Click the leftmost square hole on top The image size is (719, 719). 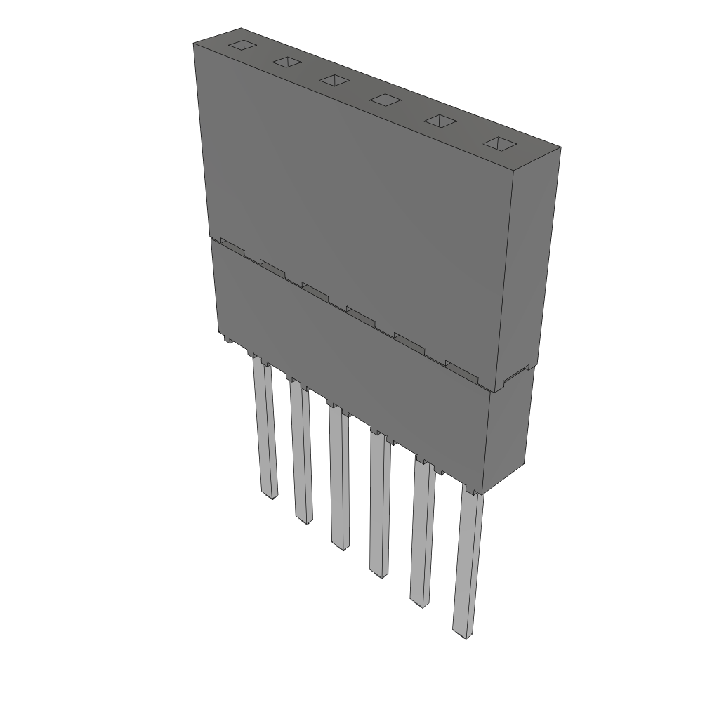241,46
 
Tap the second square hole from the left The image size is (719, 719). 286,63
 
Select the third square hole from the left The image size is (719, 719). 334,81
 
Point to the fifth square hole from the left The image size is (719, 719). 440,121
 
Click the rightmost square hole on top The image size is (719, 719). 499,144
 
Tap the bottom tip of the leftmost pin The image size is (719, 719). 268,496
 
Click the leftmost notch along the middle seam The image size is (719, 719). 231,246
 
